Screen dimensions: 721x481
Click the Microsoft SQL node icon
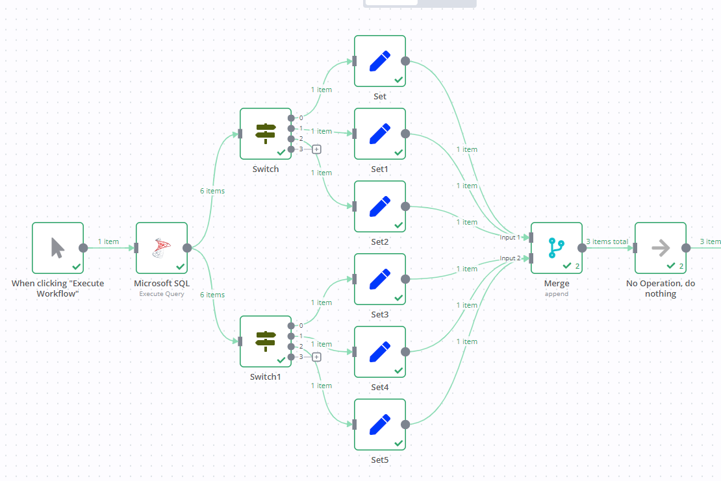click(x=161, y=248)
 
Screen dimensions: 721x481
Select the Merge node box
click(x=557, y=248)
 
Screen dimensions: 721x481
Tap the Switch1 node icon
click(x=265, y=341)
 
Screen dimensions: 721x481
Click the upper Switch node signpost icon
click(x=265, y=134)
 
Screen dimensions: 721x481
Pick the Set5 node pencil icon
click(x=380, y=425)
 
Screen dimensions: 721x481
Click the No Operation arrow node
click(x=661, y=248)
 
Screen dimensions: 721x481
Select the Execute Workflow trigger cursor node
click(x=57, y=248)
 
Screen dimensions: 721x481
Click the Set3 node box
click(x=380, y=279)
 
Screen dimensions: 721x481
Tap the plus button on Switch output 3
click(x=316, y=149)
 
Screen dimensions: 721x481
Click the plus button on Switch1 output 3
click(x=316, y=357)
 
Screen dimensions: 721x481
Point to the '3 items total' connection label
click(x=607, y=241)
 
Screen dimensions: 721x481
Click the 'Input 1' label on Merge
click(x=510, y=238)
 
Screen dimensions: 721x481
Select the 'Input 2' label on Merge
click(x=510, y=258)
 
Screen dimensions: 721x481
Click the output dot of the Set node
click(x=405, y=61)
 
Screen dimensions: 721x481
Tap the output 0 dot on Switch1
click(x=291, y=326)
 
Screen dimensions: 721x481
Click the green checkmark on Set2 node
click(x=399, y=225)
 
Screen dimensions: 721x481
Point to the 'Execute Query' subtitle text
click(x=161, y=294)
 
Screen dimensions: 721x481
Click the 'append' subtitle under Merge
click(x=557, y=294)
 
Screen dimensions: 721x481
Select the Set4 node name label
click(x=380, y=388)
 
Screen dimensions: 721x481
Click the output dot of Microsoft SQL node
click(x=187, y=248)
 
